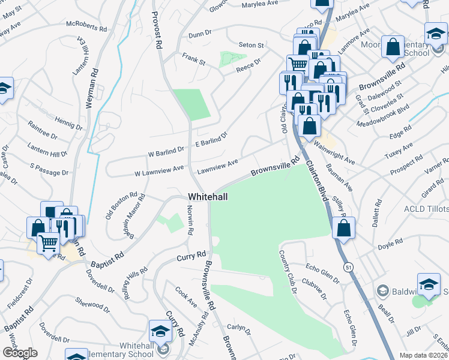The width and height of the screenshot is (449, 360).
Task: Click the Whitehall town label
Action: (207, 197)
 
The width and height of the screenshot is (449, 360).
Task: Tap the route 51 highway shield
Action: (348, 265)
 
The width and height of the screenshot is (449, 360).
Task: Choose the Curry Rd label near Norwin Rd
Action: (191, 257)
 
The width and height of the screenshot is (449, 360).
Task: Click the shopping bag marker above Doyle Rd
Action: (343, 228)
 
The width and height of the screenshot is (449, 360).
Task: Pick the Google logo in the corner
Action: (20, 353)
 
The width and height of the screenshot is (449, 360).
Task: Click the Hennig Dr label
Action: (68, 124)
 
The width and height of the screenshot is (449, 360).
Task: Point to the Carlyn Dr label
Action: (238, 328)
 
